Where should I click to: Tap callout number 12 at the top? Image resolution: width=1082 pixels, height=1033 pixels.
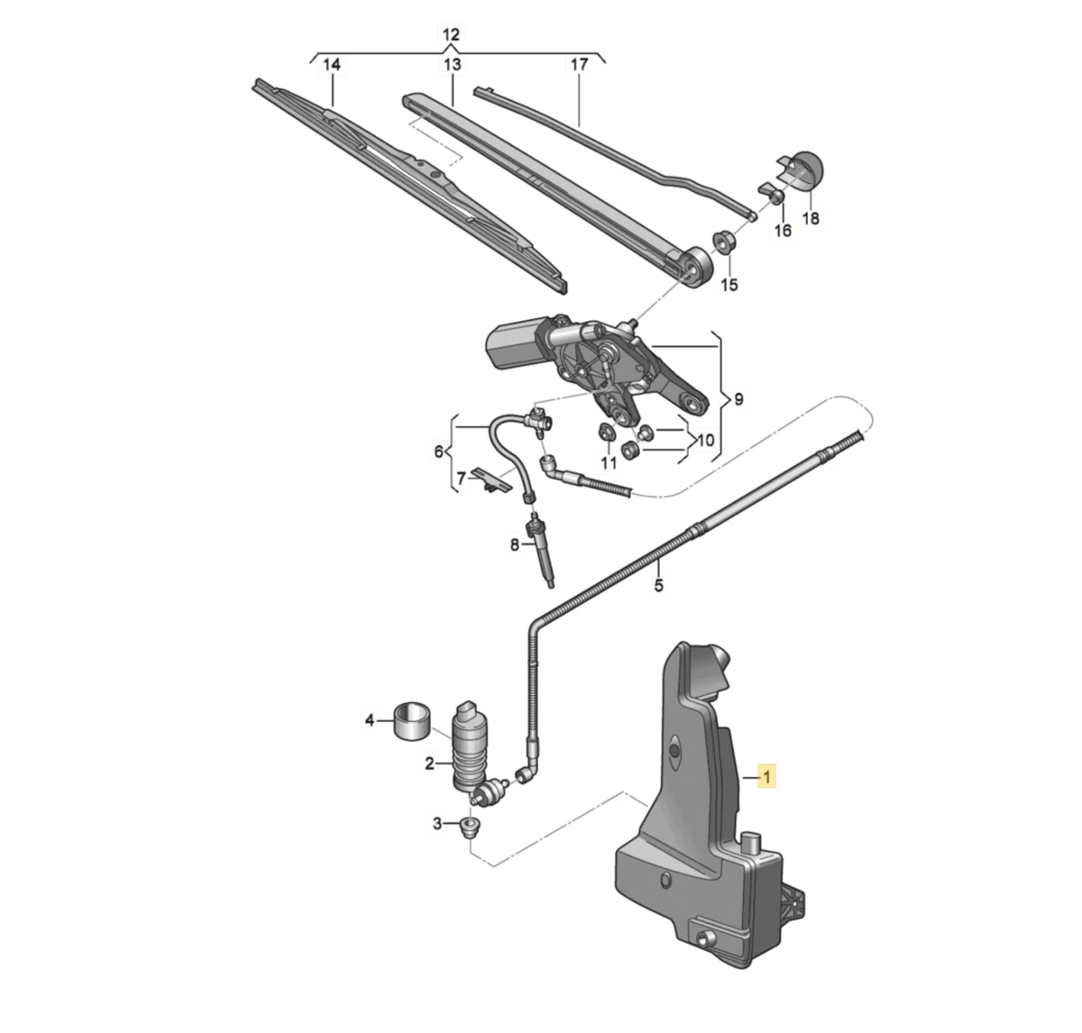click(451, 35)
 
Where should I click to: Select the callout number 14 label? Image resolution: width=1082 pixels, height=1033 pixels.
click(332, 65)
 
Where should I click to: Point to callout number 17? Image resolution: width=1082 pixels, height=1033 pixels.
click(580, 65)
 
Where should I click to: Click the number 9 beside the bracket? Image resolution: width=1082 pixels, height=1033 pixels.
click(738, 399)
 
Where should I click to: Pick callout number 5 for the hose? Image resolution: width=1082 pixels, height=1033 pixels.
click(659, 585)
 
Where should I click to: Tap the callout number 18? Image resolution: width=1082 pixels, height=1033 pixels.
click(811, 218)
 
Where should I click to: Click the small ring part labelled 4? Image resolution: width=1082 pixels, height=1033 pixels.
click(411, 721)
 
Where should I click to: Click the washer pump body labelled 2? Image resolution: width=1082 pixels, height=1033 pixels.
click(471, 746)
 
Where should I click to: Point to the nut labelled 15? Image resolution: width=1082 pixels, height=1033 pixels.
click(724, 241)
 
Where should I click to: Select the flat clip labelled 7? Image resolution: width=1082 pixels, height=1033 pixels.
click(491, 480)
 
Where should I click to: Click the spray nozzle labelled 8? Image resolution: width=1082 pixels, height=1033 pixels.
click(540, 551)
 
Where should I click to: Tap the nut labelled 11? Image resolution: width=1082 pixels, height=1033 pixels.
click(606, 432)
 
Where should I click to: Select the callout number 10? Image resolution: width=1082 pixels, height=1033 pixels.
click(705, 440)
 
